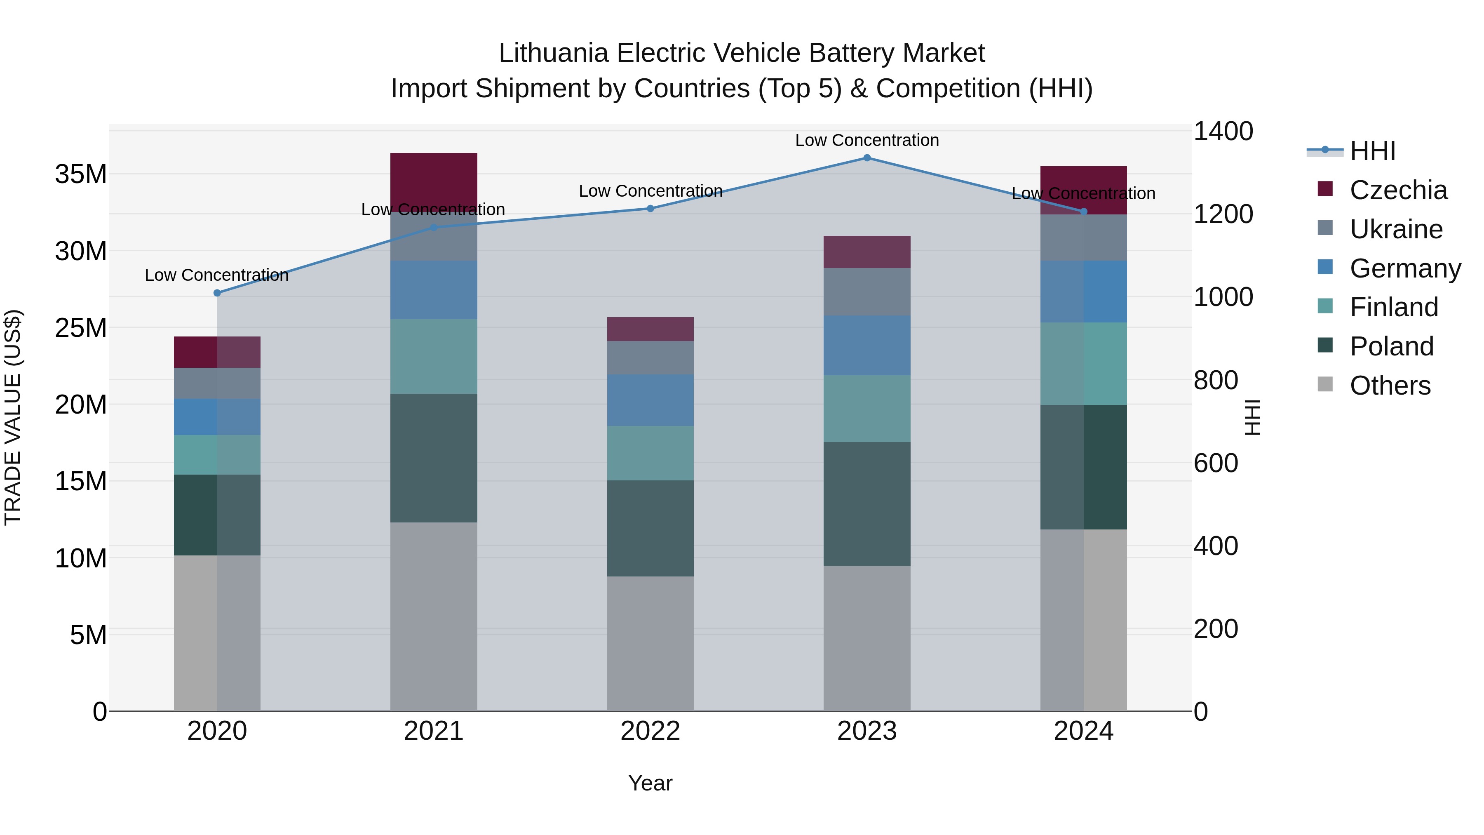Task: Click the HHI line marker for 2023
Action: (867, 158)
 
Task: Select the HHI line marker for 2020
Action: (217, 293)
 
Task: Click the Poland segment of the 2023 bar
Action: (867, 504)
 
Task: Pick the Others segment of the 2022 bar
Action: (650, 644)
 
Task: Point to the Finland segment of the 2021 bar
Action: (434, 357)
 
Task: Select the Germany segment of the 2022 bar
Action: (650, 400)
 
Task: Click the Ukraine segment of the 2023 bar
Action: (867, 292)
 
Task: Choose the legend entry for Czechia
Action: (1398, 190)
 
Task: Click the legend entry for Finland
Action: (1394, 307)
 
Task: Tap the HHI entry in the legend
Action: (1372, 151)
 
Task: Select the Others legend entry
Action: (1390, 386)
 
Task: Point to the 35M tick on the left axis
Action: (81, 174)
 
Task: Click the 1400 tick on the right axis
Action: (1223, 132)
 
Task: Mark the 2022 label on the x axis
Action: (650, 731)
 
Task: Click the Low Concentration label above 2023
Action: (867, 140)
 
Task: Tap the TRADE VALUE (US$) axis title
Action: (13, 417)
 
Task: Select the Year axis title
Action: (650, 783)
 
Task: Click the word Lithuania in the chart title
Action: (554, 53)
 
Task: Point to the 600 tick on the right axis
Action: (1216, 463)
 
